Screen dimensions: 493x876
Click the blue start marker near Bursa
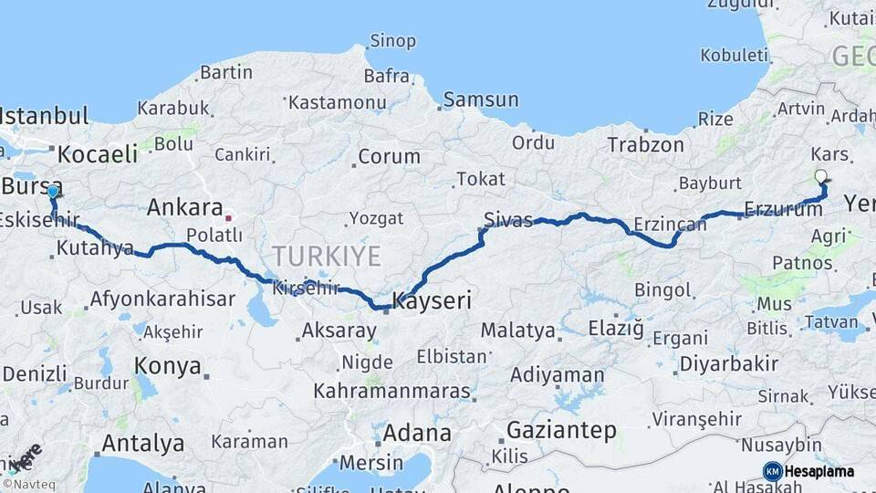tap(53, 192)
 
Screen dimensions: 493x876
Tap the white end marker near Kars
tap(820, 176)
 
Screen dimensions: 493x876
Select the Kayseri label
tap(432, 299)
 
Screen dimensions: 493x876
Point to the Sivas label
tap(508, 219)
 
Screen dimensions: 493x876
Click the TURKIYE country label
tap(325, 256)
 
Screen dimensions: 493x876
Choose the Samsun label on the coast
tap(481, 100)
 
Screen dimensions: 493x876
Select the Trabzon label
tap(645, 144)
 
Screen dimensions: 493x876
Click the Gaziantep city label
tap(561, 430)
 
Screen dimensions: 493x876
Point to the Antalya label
tap(142, 444)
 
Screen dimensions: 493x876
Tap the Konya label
tap(167, 366)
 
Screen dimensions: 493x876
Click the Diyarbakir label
tap(729, 364)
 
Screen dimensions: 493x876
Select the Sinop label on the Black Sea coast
tap(392, 41)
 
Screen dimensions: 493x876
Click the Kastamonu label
tap(326, 102)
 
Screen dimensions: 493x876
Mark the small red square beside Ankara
tap(229, 218)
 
